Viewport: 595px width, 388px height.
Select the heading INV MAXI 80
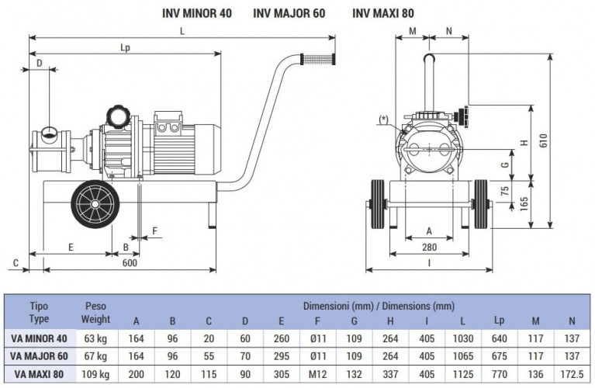click(x=384, y=13)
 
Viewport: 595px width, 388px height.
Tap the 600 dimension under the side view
click(x=130, y=262)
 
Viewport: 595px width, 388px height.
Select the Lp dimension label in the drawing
click(x=125, y=47)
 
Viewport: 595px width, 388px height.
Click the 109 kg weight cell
click(x=96, y=375)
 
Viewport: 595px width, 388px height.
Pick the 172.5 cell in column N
click(x=573, y=375)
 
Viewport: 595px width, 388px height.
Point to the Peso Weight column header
click(x=96, y=313)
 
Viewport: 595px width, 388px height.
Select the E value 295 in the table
click(x=282, y=356)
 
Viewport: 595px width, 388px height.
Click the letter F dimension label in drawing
click(x=154, y=230)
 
